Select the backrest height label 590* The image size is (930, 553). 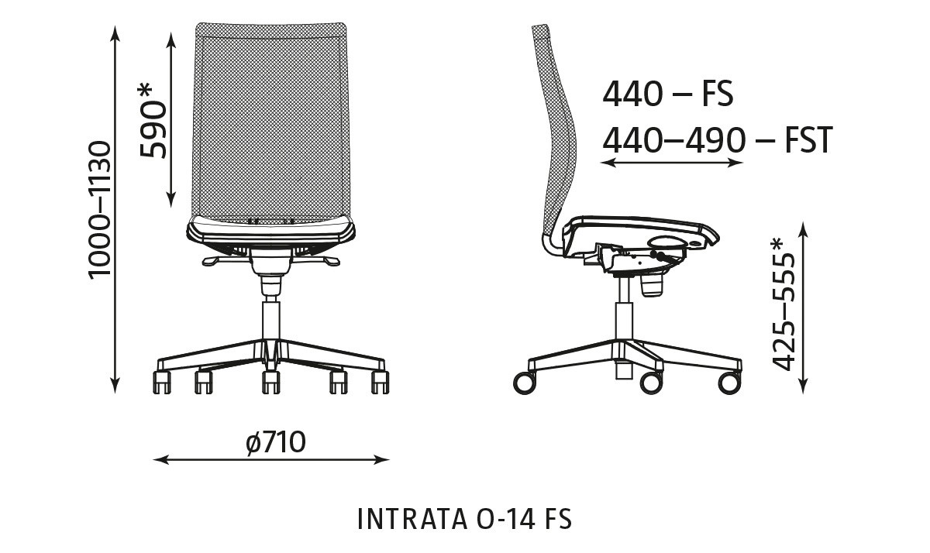coord(153,119)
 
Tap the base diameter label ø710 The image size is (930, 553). coord(275,443)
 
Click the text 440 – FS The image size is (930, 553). coord(667,94)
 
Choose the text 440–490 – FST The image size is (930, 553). coord(717,141)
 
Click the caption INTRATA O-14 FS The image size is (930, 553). coord(464,519)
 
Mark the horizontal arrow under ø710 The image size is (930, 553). coord(271,460)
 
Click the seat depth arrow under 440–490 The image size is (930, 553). coord(672,163)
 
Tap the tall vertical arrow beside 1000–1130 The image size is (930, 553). coord(115,208)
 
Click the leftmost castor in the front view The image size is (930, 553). coord(161,381)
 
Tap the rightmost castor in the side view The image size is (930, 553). coord(728,382)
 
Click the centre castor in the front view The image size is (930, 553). coord(270,381)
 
